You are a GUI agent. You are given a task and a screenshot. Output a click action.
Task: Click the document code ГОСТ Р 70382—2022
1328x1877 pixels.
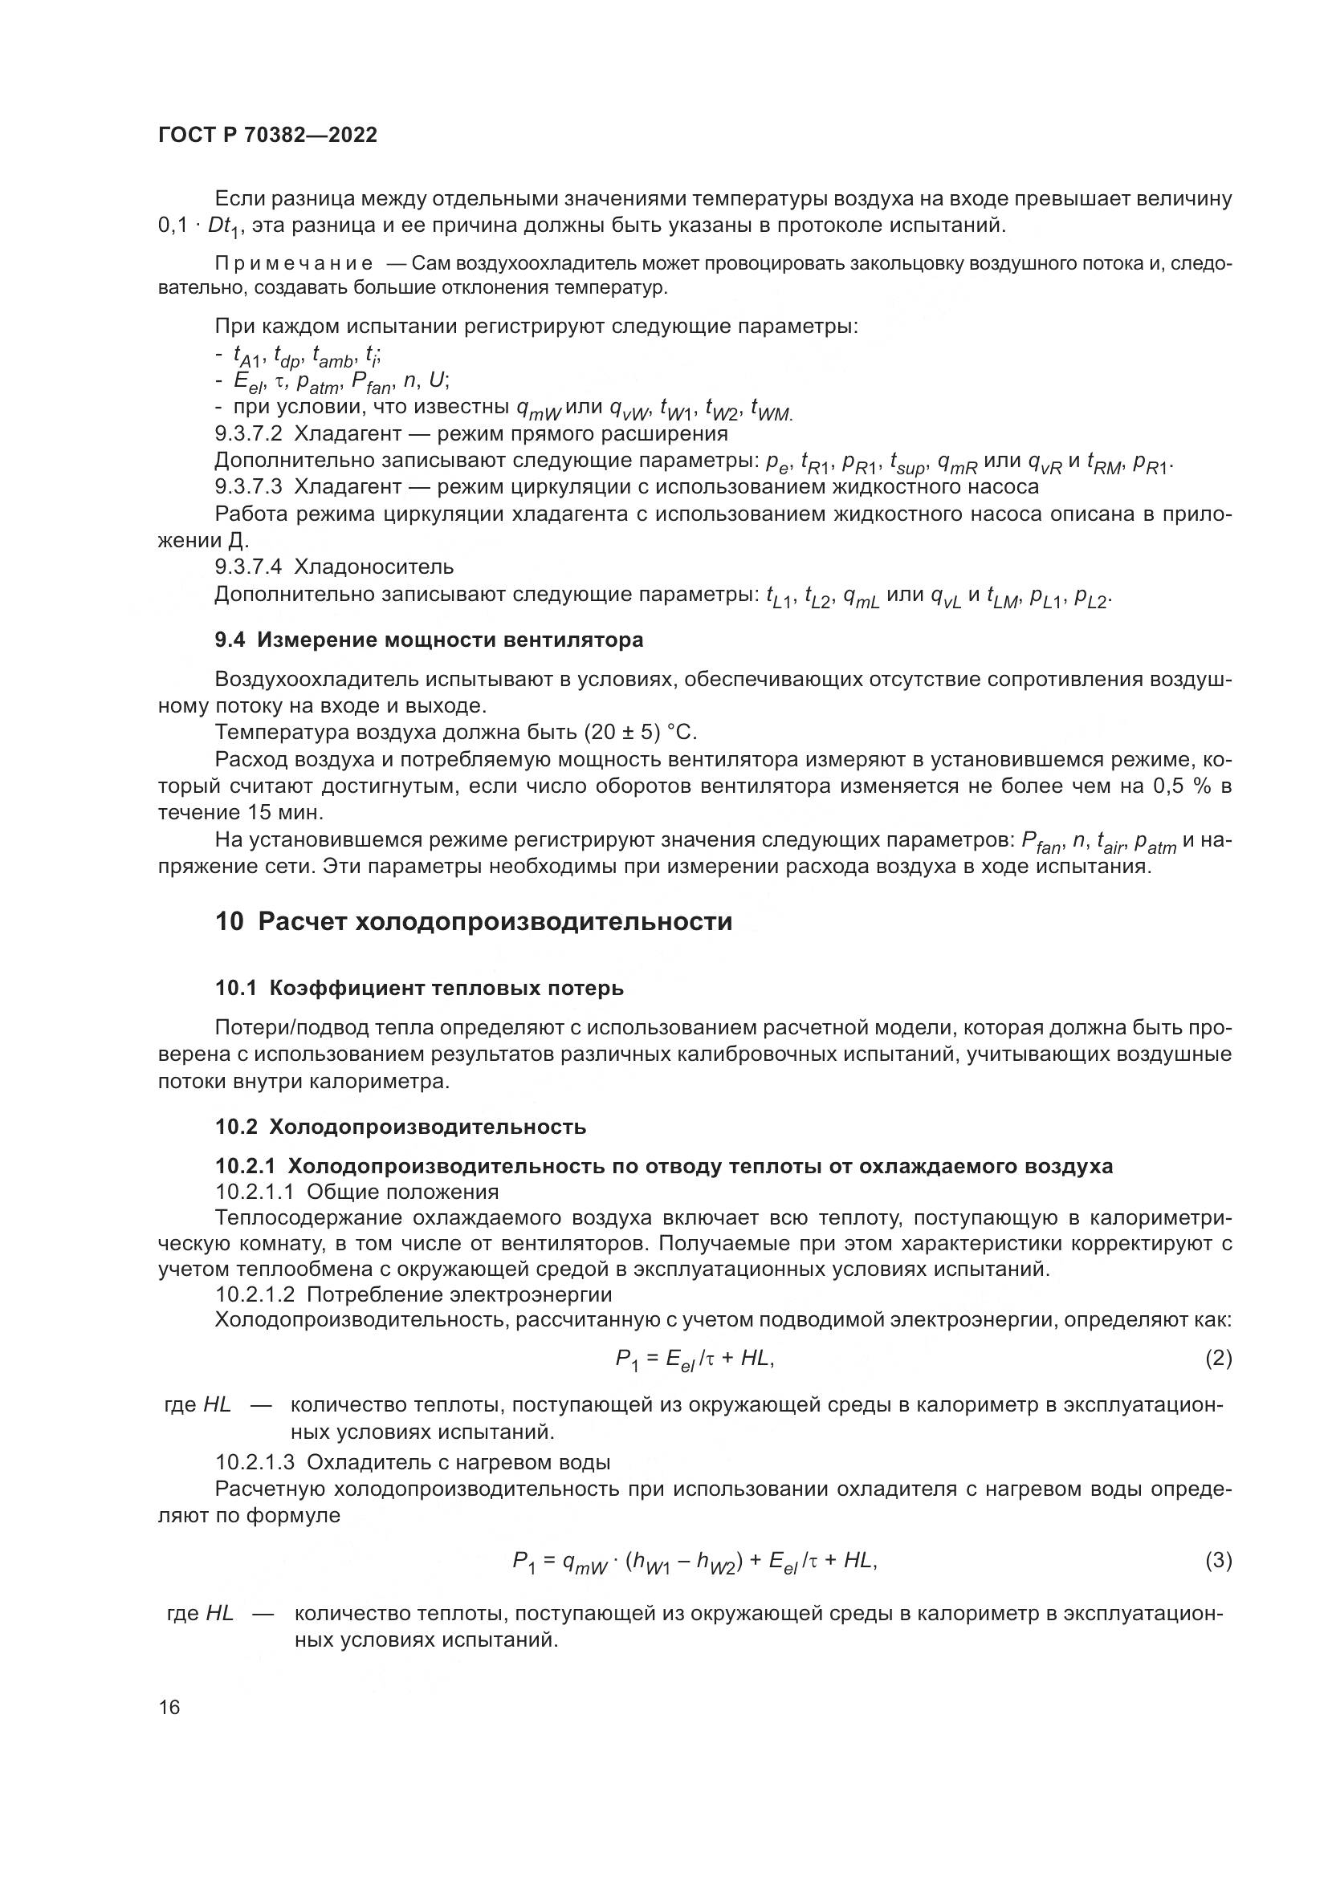[267, 136]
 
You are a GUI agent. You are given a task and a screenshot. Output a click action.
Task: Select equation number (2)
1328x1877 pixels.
[1218, 1358]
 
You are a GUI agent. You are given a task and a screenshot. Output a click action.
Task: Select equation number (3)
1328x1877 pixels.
[1218, 1561]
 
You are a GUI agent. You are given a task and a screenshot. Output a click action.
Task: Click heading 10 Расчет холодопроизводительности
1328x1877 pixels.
[474, 921]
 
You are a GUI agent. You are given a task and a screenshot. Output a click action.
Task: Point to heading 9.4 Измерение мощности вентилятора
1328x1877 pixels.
[429, 640]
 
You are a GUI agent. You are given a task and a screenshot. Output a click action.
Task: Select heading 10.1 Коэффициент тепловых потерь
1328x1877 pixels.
[418, 989]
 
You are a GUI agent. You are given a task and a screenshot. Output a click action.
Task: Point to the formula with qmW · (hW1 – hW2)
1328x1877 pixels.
[695, 1562]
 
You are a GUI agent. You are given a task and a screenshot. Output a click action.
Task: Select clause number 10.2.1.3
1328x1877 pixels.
[255, 1461]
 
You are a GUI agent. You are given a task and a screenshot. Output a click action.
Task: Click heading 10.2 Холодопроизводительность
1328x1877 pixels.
[401, 1127]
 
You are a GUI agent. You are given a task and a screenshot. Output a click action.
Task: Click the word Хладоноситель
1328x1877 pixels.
[373, 567]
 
